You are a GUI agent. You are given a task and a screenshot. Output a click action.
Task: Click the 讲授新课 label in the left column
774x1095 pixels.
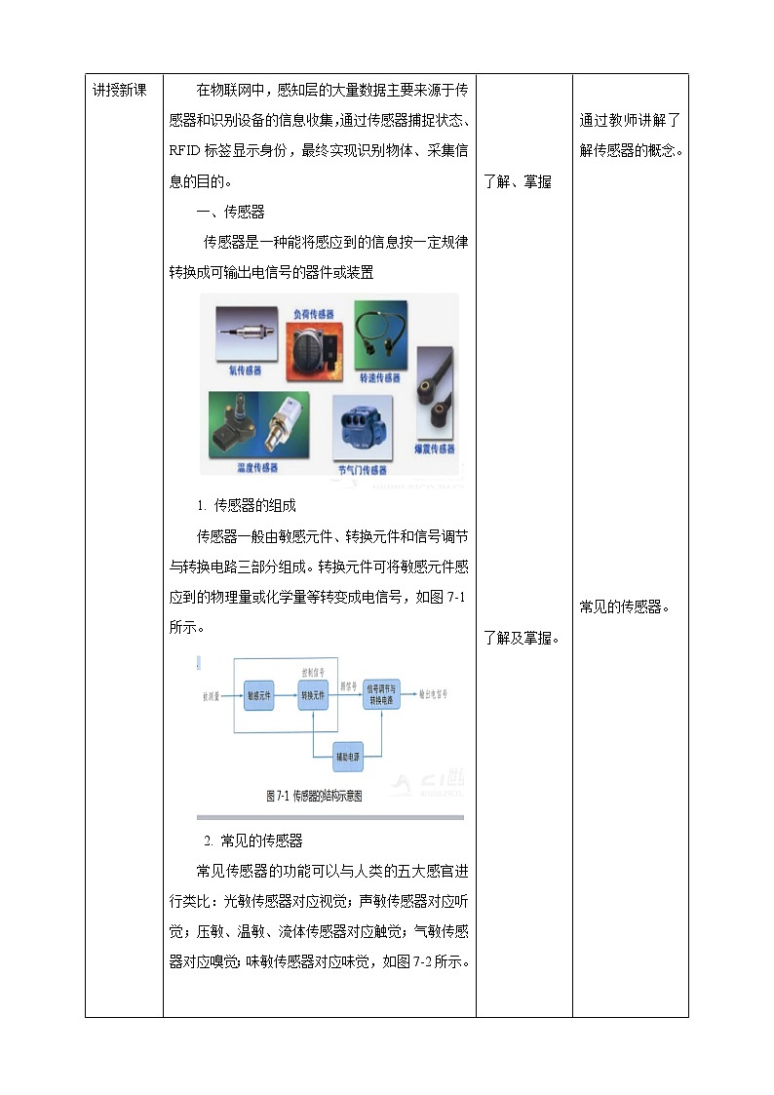pos(119,90)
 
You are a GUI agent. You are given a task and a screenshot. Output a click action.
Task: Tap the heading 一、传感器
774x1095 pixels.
pos(231,212)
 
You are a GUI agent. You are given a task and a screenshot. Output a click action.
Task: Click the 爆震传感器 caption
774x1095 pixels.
pos(434,449)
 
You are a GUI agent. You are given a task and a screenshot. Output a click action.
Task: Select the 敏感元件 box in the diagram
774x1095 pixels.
pos(259,695)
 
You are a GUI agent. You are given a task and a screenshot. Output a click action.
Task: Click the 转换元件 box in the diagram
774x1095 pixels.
pos(314,695)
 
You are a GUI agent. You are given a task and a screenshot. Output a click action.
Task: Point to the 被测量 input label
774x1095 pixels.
pos(211,696)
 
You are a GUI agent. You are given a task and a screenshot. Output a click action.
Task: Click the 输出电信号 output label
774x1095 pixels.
pos(433,694)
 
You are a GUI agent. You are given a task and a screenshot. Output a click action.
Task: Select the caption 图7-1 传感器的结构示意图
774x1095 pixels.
pos(314,796)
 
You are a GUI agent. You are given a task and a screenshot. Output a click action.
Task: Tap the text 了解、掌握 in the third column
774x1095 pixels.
pos(517,181)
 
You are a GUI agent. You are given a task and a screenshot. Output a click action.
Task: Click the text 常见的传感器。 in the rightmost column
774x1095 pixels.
pos(623,606)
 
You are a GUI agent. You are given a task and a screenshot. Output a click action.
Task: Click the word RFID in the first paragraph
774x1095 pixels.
pos(184,151)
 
